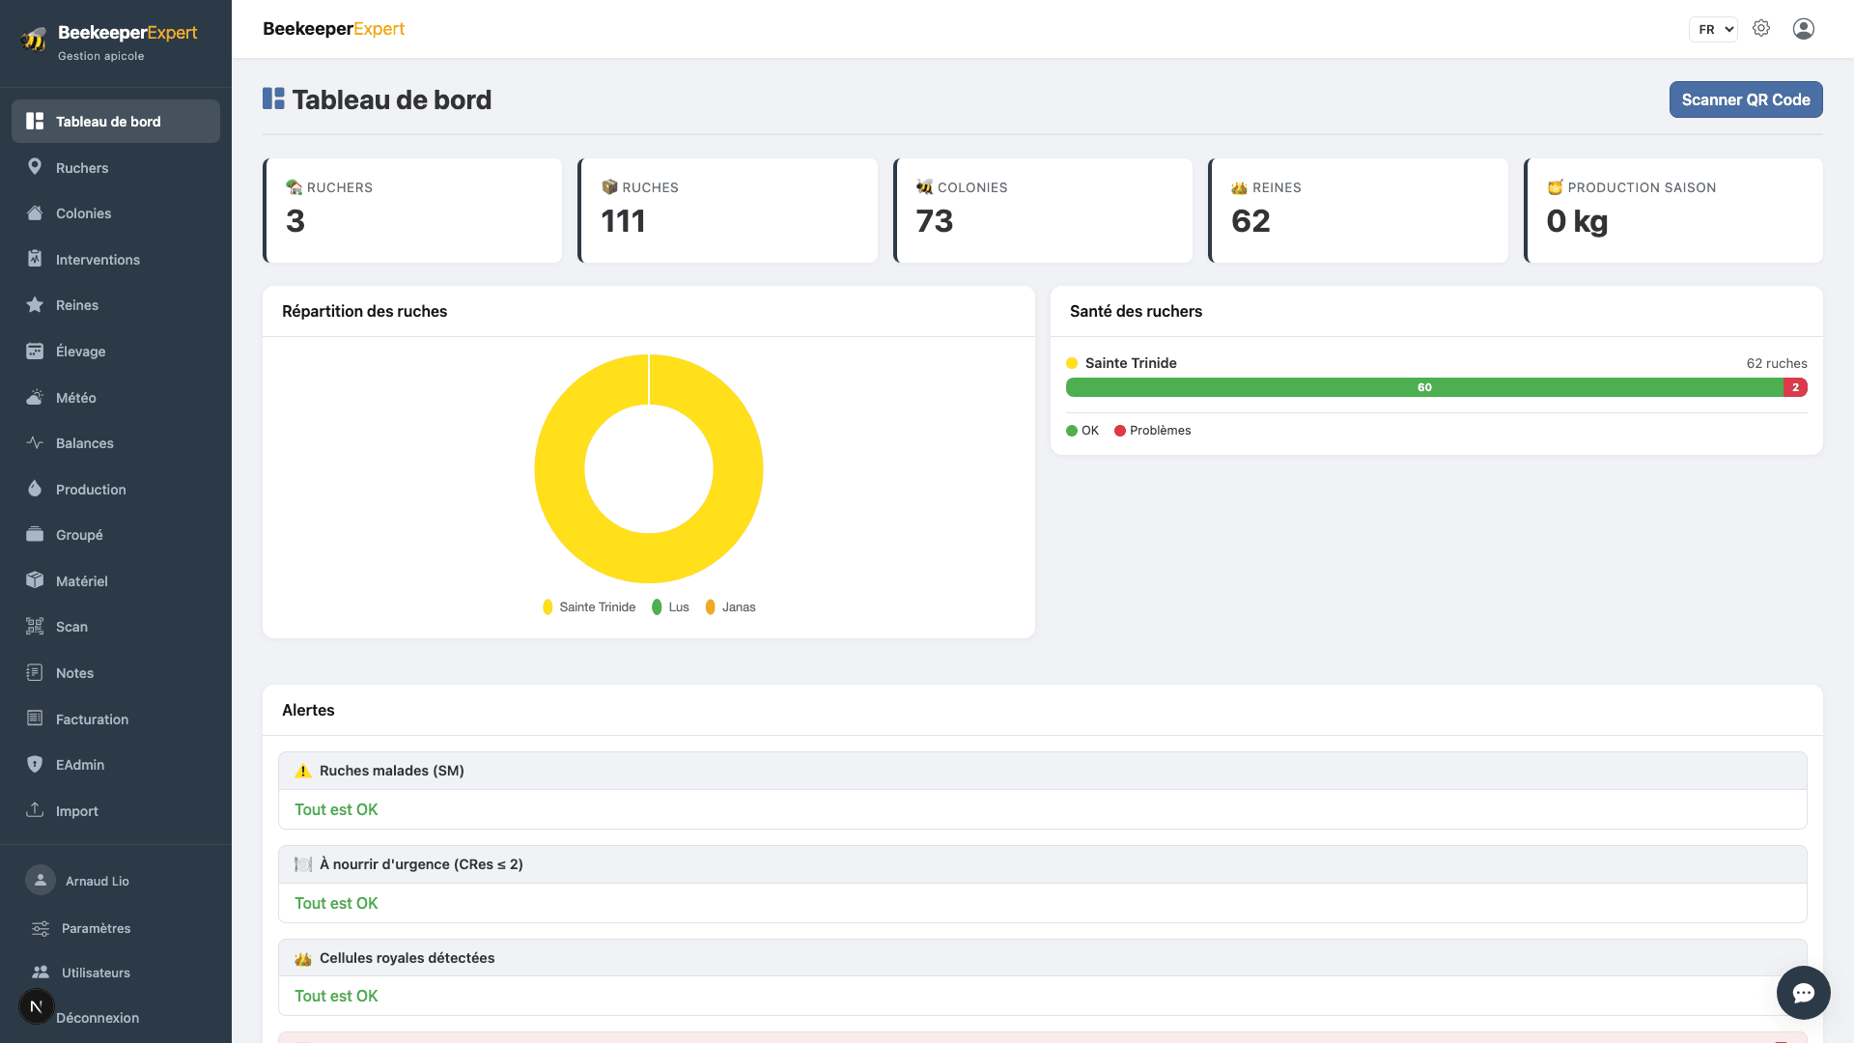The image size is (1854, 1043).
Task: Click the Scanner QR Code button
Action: [x=1746, y=99]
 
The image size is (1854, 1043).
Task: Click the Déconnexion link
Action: [x=98, y=1018]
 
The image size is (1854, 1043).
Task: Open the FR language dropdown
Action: [x=1713, y=29]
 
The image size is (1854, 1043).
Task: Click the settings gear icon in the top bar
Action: [x=1761, y=29]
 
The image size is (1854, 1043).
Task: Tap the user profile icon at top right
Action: [x=1804, y=29]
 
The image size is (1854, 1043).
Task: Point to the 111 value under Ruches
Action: [x=623, y=221]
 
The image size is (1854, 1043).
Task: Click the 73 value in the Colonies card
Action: [x=935, y=221]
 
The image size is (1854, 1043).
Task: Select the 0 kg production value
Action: [x=1577, y=221]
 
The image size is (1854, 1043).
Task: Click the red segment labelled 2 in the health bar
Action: [x=1795, y=387]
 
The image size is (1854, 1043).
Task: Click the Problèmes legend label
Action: [x=1160, y=431]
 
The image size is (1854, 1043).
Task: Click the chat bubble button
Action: [x=1804, y=993]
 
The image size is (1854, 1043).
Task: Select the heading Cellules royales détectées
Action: [x=407, y=958]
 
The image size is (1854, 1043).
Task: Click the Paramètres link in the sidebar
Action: [x=96, y=928]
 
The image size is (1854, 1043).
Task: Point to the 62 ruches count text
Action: [x=1777, y=363]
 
